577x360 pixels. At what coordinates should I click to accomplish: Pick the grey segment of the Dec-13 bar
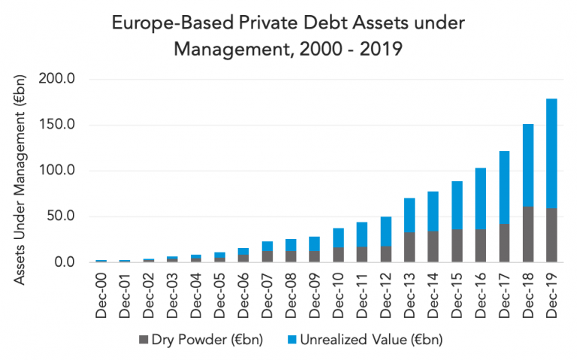[x=409, y=247]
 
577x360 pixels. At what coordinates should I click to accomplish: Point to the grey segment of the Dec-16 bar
[x=480, y=246]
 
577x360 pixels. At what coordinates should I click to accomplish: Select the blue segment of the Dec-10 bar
[x=337, y=237]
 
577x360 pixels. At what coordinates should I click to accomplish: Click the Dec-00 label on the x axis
[x=101, y=294]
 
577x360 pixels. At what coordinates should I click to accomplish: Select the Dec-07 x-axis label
[x=268, y=294]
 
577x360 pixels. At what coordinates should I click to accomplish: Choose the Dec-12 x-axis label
[x=386, y=294]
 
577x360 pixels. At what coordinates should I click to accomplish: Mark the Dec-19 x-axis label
[x=550, y=294]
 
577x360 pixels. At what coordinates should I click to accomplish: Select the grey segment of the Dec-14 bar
[x=433, y=247]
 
